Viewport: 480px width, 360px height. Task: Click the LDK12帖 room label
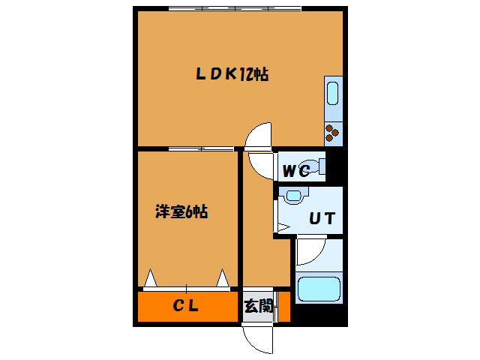[232, 73]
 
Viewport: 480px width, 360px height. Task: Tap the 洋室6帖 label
[181, 212]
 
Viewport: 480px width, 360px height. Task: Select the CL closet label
[185, 305]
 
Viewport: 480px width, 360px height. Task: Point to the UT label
[322, 219]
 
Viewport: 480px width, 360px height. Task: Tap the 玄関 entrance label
[257, 306]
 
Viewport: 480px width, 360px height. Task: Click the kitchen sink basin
[332, 96]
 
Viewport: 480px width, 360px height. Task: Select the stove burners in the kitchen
[332, 134]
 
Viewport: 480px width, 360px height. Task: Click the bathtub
[319, 289]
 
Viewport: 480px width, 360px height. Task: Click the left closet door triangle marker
[151, 278]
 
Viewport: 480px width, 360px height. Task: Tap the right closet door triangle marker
[223, 278]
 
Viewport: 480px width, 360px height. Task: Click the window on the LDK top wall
[235, 9]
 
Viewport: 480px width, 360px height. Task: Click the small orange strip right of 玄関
[283, 306]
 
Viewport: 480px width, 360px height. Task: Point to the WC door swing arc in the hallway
[259, 164]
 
